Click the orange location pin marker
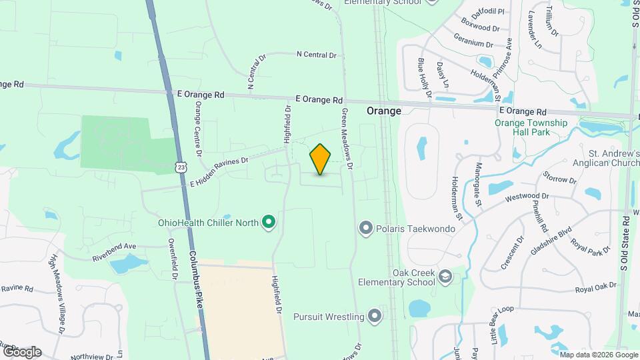(321, 159)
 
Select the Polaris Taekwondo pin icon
(365, 229)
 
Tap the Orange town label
(384, 111)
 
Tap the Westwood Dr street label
(527, 197)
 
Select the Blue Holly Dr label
(424, 77)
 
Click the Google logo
(22, 352)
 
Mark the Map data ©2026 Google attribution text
(598, 355)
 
